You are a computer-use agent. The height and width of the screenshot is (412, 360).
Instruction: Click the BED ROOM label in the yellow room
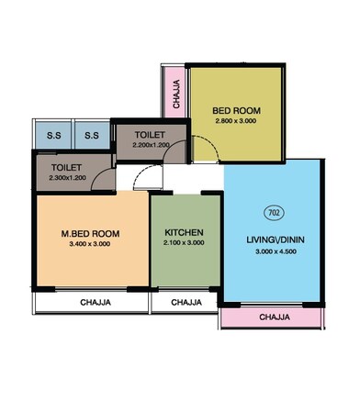[x=237, y=107]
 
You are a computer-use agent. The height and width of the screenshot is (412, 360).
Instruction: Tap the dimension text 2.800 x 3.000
[x=237, y=121]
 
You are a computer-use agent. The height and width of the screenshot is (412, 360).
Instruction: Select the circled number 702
[x=274, y=213]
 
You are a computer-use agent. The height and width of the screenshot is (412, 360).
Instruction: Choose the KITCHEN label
[x=185, y=232]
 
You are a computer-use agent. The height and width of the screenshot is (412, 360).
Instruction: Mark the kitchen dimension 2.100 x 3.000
[x=185, y=244]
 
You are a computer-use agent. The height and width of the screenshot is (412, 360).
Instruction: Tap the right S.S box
[x=91, y=136]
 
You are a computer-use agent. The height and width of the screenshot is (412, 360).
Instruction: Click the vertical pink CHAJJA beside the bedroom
[x=175, y=93]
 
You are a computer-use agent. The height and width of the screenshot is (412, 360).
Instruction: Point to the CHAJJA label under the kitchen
[x=186, y=301]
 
